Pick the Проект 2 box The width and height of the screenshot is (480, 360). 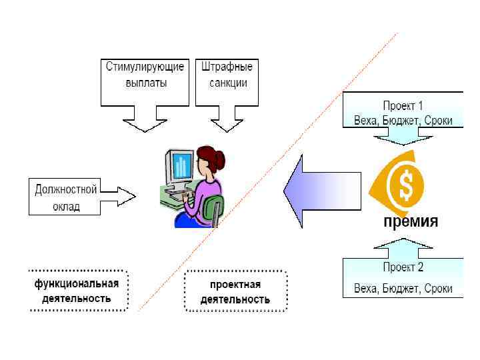403,278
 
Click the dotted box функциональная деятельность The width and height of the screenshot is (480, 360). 77,291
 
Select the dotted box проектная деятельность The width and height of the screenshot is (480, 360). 235,291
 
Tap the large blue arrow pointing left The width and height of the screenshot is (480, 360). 320,192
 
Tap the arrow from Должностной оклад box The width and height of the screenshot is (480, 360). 119,196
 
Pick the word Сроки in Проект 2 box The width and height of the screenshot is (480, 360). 437,289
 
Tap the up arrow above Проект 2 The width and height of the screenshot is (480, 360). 402,248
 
